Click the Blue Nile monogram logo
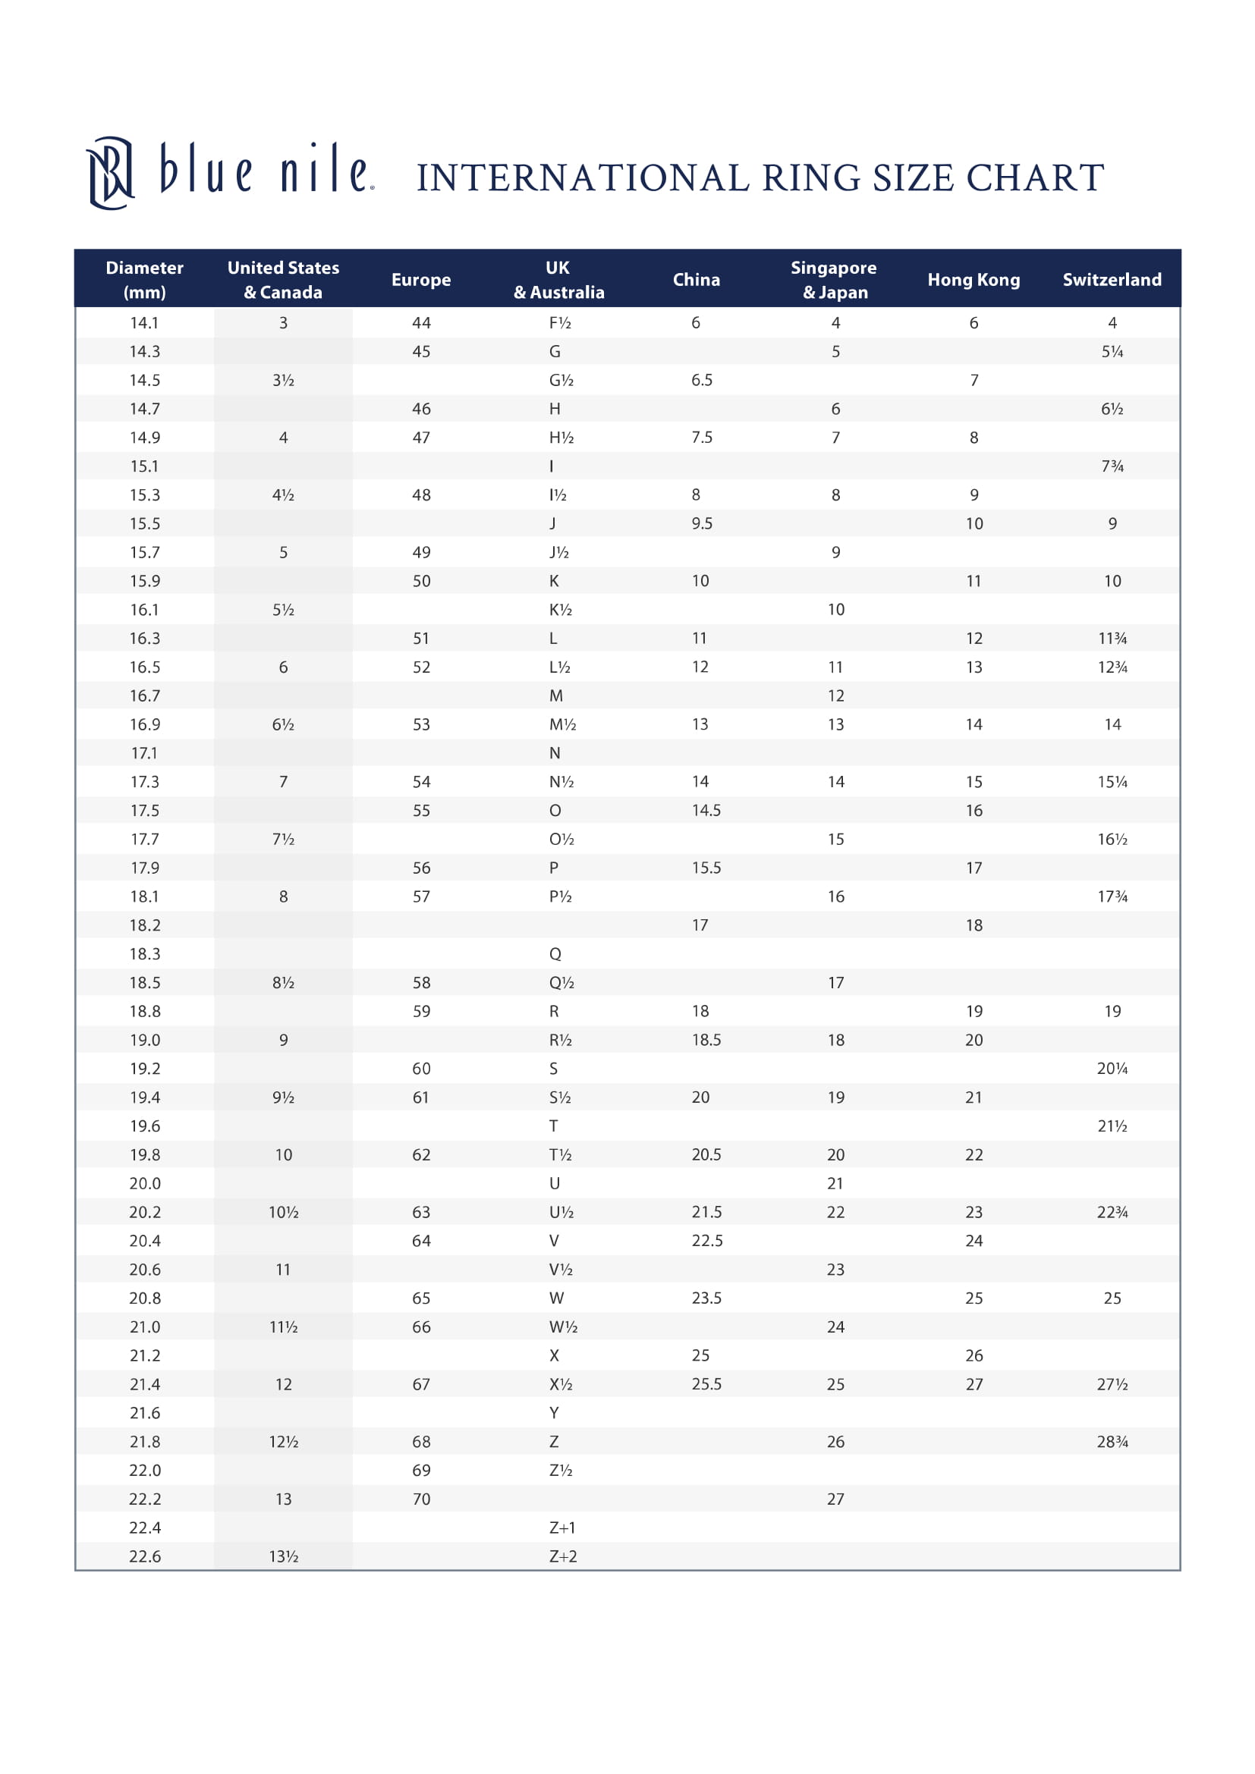click(x=110, y=173)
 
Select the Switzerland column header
click(x=1112, y=280)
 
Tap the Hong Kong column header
click(x=973, y=280)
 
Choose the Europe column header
click(x=420, y=280)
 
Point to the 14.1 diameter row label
click(x=144, y=323)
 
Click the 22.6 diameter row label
click(x=144, y=1556)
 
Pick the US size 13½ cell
click(x=284, y=1556)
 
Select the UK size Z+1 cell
click(x=561, y=1528)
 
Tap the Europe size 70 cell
click(x=420, y=1499)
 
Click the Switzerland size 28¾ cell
click(x=1112, y=1442)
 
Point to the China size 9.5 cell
click(x=702, y=524)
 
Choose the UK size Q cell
click(x=555, y=954)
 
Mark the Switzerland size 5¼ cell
click(x=1112, y=352)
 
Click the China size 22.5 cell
click(x=707, y=1241)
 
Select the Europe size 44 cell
click(x=420, y=323)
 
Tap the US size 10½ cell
click(x=284, y=1212)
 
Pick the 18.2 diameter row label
click(x=144, y=925)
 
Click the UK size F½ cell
click(x=559, y=323)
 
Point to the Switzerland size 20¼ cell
click(x=1112, y=1069)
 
